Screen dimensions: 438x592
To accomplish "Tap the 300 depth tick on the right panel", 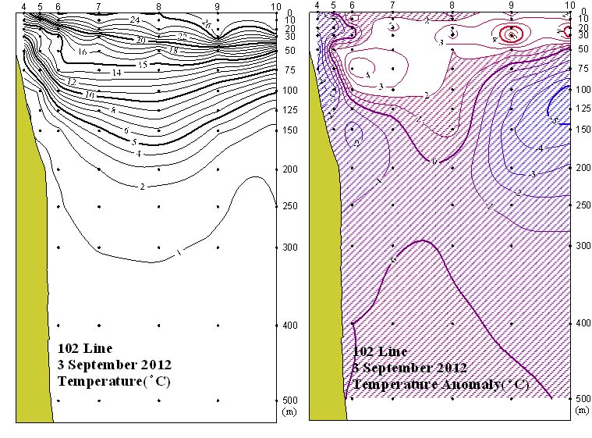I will [x=580, y=245].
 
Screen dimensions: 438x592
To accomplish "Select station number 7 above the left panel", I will [x=98, y=7].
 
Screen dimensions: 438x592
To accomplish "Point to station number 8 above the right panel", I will [x=452, y=5].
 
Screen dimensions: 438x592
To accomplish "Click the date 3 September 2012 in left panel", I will [x=115, y=365].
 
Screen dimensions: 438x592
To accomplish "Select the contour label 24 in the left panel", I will [x=134, y=20].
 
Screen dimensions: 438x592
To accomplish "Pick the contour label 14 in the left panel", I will [x=117, y=73].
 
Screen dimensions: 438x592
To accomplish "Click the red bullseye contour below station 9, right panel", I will [x=511, y=34].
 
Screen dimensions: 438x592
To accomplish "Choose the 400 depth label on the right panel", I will [x=580, y=322].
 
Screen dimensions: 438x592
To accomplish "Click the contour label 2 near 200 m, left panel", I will [x=143, y=187].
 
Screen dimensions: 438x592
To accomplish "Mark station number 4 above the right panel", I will [x=317, y=5].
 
